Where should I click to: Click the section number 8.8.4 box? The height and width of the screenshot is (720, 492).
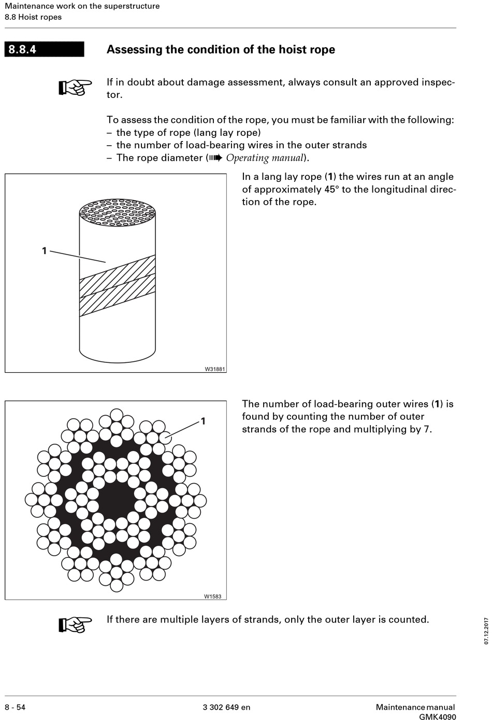click(44, 49)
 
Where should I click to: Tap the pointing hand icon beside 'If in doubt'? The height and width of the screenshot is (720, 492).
click(75, 87)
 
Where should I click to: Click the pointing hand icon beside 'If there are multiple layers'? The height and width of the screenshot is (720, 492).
click(75, 624)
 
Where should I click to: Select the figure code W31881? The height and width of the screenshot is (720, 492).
click(215, 369)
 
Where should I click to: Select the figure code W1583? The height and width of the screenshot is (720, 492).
click(212, 596)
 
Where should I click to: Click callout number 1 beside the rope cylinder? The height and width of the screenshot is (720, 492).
click(44, 251)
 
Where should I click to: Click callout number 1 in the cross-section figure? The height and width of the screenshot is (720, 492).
click(203, 421)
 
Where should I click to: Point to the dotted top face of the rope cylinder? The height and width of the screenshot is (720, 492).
click(117, 213)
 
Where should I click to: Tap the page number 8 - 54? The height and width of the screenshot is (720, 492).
click(15, 707)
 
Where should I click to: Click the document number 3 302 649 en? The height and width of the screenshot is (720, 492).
click(226, 707)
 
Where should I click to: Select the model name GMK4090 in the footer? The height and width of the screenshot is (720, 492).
click(438, 717)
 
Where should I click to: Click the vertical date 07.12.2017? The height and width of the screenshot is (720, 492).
click(486, 630)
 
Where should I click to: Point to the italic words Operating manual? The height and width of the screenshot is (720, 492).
click(264, 158)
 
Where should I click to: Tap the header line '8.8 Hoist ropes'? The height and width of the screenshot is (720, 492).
click(33, 17)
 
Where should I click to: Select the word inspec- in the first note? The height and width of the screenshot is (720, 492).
click(438, 82)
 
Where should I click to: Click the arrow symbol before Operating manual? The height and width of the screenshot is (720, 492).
click(215, 158)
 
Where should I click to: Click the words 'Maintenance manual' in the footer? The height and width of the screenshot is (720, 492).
click(415, 707)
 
